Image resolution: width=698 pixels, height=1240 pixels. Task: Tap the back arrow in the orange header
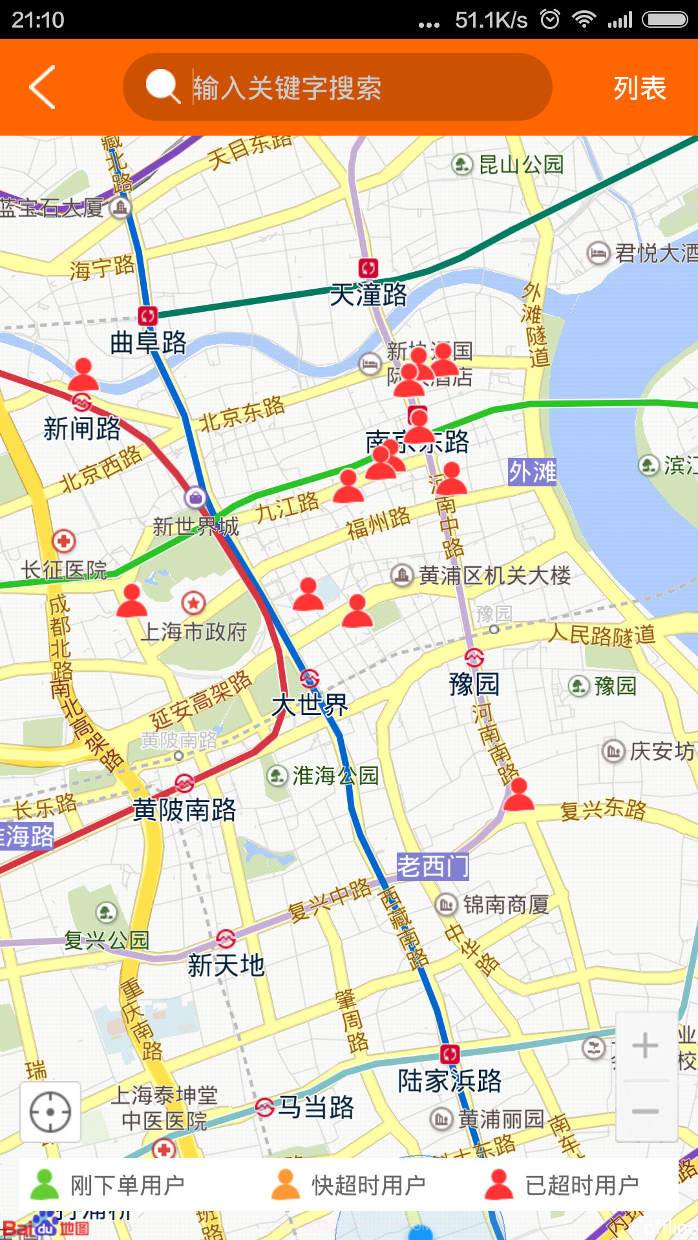pos(43,87)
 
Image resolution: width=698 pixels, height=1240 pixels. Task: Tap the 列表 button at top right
pos(639,88)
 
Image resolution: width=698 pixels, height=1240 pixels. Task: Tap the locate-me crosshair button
pos(50,1112)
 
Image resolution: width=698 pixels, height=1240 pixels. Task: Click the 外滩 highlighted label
pos(532,472)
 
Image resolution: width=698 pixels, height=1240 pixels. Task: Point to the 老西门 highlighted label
pos(432,866)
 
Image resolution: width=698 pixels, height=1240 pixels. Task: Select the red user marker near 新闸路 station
pos(83,375)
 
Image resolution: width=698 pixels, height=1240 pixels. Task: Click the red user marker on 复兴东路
pos(518,794)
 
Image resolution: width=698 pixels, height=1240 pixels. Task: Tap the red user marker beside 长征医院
pos(132,600)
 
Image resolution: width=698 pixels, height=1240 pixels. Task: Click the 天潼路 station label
pos(368,295)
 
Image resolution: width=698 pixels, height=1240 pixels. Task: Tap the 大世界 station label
pos(310,705)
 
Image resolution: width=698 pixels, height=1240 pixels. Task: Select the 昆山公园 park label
pos(521,165)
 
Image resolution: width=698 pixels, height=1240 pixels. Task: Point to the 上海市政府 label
pos(194,632)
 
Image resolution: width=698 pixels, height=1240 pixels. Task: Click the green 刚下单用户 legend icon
pos(45,1184)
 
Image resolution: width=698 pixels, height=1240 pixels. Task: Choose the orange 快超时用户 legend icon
pos(286,1184)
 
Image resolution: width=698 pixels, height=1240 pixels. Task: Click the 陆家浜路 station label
pos(449,1080)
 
